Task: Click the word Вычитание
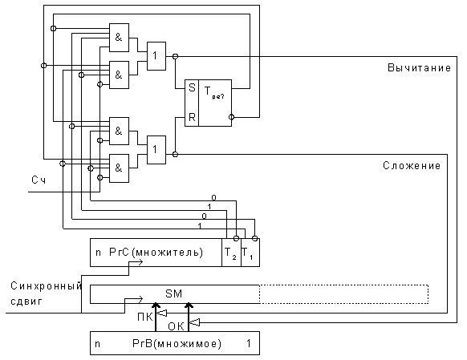pyautogui.click(x=419, y=68)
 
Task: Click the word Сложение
pyautogui.click(x=412, y=165)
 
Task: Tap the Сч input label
pyautogui.click(x=39, y=180)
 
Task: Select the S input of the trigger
pyautogui.click(x=192, y=87)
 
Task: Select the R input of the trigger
pyautogui.click(x=192, y=118)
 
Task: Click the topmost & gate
pyautogui.click(x=119, y=38)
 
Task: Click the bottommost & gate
pyautogui.click(x=119, y=168)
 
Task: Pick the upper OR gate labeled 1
pyautogui.click(x=156, y=56)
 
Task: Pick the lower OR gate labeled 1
pyautogui.click(x=156, y=150)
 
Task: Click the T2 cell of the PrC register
pyautogui.click(x=231, y=253)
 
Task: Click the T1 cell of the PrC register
pyautogui.click(x=250, y=253)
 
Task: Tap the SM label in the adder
pyautogui.click(x=173, y=294)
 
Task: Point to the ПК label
pyautogui.click(x=145, y=318)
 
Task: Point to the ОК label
pyautogui.click(x=176, y=326)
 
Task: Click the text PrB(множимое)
pyautogui.click(x=177, y=344)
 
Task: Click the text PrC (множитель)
pyautogui.click(x=156, y=253)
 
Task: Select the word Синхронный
pyautogui.click(x=46, y=286)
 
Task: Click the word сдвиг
pyautogui.click(x=26, y=301)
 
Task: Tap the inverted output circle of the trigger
pyautogui.click(x=231, y=117)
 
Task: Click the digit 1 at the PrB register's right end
pyautogui.click(x=249, y=344)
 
